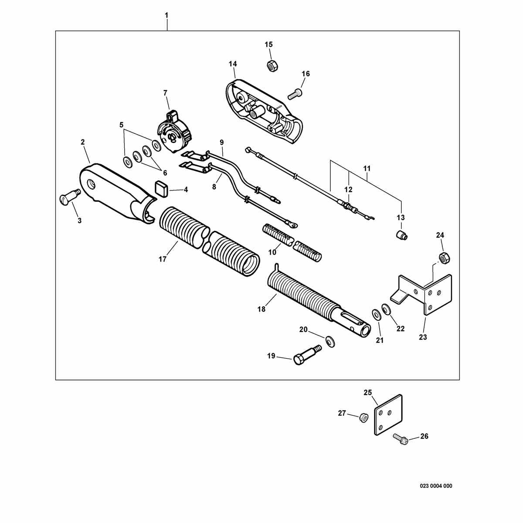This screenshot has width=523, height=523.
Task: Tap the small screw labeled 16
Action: [x=295, y=94]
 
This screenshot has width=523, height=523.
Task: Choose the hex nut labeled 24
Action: [x=444, y=257]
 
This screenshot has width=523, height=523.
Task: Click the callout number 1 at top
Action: [x=166, y=15]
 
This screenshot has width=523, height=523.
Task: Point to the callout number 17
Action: [x=162, y=259]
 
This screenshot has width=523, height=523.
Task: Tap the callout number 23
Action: [x=423, y=337]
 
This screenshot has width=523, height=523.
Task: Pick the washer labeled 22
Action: [x=386, y=309]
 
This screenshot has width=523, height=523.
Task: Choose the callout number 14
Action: [x=233, y=64]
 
